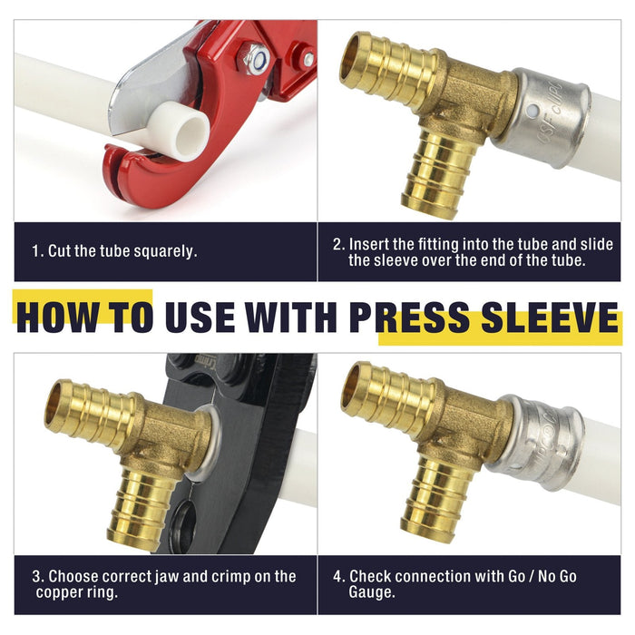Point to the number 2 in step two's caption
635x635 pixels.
338,245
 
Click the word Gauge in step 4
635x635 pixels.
371,592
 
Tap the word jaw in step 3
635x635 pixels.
167,577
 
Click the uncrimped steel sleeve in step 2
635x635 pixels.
542,118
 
